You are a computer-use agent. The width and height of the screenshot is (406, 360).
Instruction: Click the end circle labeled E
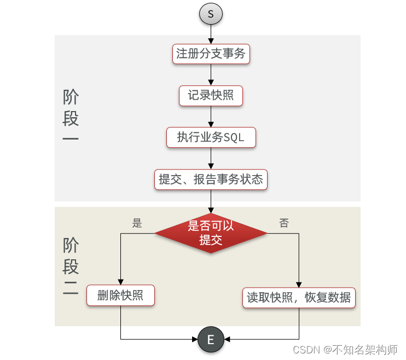(211, 340)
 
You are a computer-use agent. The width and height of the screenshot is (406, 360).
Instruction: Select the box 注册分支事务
(211, 54)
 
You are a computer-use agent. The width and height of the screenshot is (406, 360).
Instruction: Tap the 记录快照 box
(211, 96)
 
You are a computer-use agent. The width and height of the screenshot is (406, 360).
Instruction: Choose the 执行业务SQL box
(211, 137)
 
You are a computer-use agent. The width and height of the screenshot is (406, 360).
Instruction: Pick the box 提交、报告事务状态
(211, 179)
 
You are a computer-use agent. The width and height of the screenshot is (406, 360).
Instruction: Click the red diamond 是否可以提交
(211, 233)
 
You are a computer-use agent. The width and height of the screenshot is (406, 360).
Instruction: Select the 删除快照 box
(120, 296)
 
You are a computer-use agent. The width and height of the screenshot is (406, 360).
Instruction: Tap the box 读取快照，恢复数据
(299, 298)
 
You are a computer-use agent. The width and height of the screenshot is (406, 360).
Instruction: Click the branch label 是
(137, 223)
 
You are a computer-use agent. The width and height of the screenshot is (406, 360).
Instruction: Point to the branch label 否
(284, 223)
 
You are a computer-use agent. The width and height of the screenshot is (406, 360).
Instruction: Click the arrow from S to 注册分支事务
(211, 33)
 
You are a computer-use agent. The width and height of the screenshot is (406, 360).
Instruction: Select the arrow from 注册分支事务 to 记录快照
(211, 75)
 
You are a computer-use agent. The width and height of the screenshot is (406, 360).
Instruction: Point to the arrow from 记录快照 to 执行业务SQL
(211, 117)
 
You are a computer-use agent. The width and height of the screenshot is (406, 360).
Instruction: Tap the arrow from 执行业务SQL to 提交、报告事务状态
(211, 158)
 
